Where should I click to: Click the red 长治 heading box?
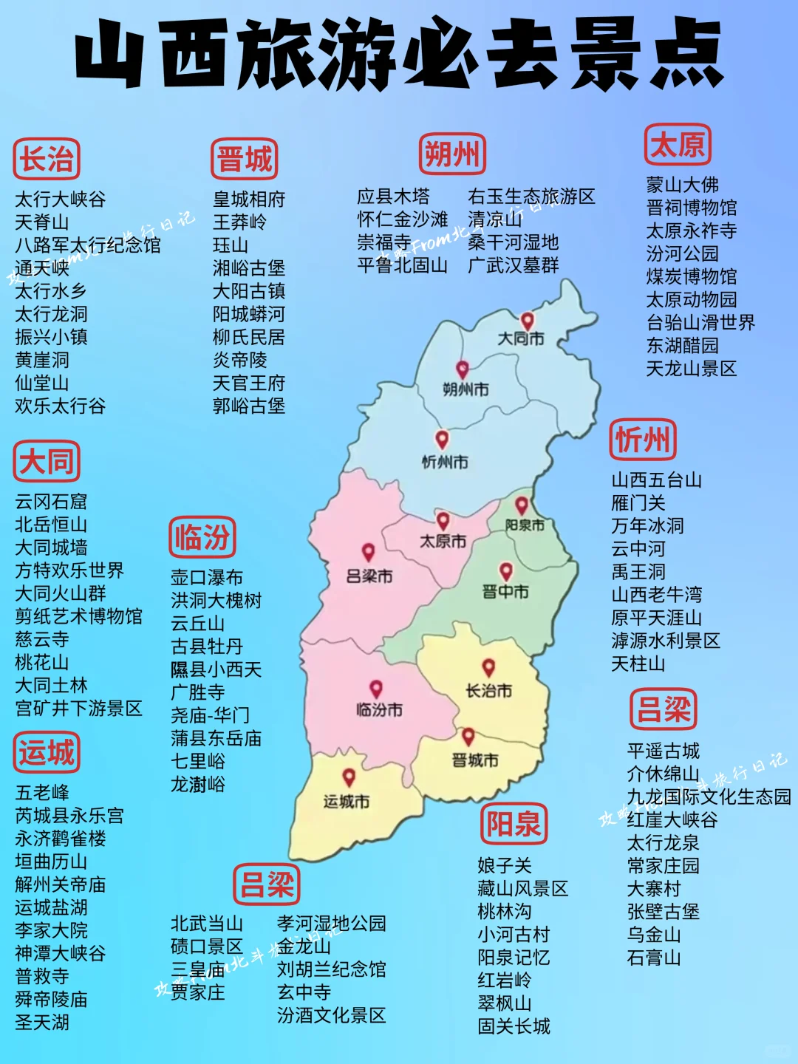coord(47,159)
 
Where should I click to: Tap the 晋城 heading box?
coord(245,159)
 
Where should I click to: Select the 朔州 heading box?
coord(452,154)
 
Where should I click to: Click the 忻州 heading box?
coord(643,440)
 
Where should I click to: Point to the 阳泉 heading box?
coord(514,824)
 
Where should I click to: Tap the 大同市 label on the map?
coord(520,339)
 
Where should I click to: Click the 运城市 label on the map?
coord(346,802)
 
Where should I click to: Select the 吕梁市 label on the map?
coord(369,576)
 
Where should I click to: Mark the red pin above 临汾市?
coord(376,689)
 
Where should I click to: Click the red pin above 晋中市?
coord(506,570)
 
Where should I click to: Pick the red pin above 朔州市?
coord(463,369)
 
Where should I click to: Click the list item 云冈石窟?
coord(51,502)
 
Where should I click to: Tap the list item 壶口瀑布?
coord(207,577)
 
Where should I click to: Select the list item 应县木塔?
coord(393,197)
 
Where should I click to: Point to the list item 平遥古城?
coord(663,751)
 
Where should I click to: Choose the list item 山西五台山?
coord(656,480)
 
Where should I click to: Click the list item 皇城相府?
coord(249,199)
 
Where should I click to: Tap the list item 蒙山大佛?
coord(682,185)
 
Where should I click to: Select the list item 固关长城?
coord(514,1026)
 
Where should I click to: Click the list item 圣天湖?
coord(42,1023)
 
